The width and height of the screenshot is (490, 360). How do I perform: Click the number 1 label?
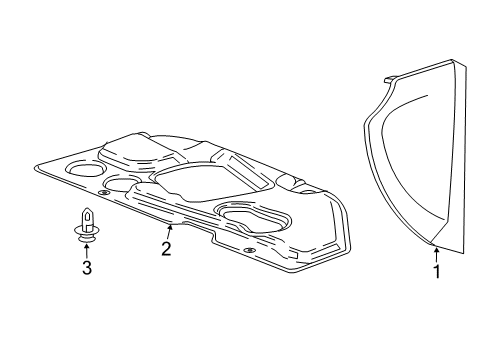tap(435, 270)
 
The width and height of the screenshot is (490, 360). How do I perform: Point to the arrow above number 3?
tap(87, 250)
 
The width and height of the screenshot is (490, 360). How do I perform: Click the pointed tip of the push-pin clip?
tap(87, 209)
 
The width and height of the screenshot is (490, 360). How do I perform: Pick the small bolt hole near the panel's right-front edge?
tap(247, 248)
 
